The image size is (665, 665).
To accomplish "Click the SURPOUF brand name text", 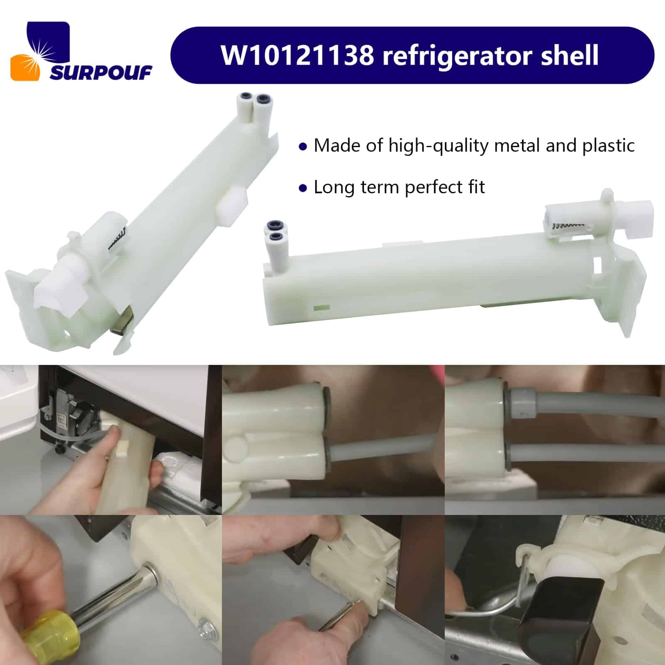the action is [101, 73].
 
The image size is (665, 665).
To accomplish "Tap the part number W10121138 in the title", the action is [297, 55].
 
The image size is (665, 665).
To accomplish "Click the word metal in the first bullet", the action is [517, 145].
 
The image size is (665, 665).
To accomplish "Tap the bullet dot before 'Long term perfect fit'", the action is [303, 188].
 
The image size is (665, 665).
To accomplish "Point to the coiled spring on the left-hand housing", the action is [117, 239].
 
